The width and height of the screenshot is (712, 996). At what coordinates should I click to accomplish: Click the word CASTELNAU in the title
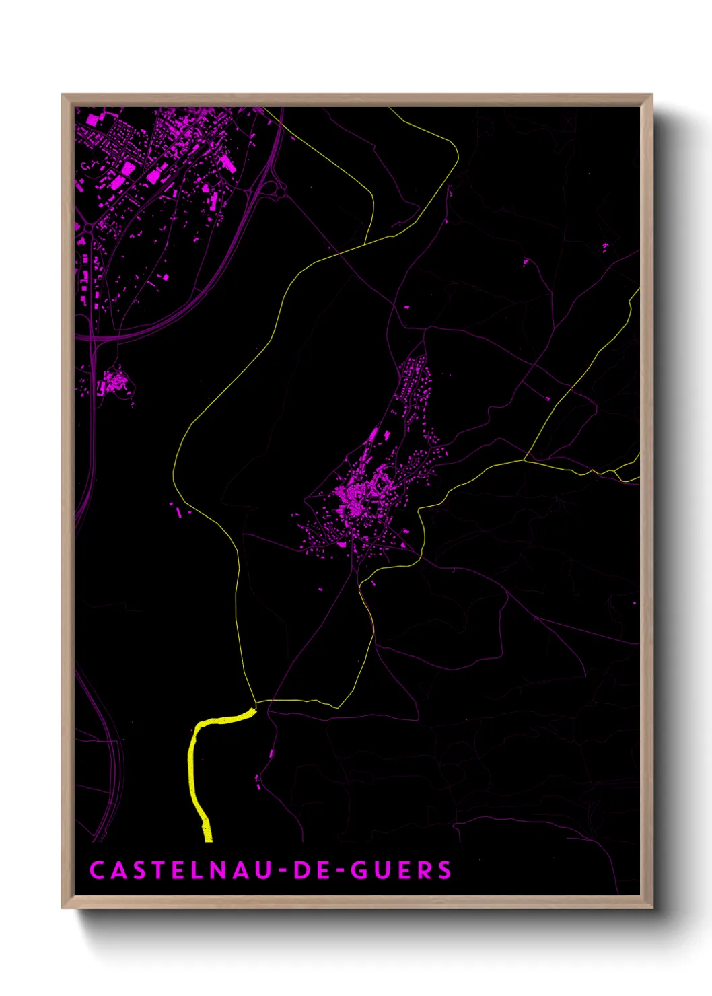(x=180, y=870)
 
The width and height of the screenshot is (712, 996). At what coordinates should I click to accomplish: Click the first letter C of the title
(x=96, y=870)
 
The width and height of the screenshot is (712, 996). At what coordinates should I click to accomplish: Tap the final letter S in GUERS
(x=445, y=870)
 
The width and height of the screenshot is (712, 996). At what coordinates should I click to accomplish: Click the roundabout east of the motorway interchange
(x=280, y=192)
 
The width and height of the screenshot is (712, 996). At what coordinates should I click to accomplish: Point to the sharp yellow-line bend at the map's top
(x=456, y=157)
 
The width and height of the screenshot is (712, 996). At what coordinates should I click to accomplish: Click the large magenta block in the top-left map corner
(x=92, y=120)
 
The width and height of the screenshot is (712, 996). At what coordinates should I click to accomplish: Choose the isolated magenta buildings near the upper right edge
(x=604, y=247)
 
